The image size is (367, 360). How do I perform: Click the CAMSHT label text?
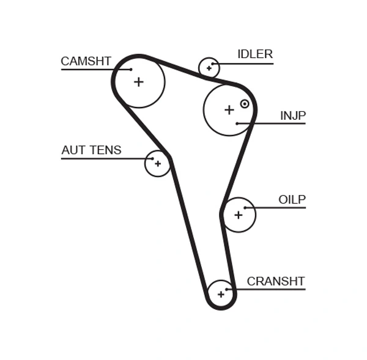(x=86, y=61)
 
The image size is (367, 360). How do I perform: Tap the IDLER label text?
(x=254, y=54)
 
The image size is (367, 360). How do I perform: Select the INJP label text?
(x=292, y=116)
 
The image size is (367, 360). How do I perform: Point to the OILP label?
(x=292, y=200)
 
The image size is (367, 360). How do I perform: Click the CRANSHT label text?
(x=275, y=282)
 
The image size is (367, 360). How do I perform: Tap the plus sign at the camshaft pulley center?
(x=139, y=81)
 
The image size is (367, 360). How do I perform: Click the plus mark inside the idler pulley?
(x=209, y=68)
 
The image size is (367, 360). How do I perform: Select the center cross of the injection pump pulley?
(x=229, y=110)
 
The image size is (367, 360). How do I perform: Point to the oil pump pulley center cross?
(x=238, y=215)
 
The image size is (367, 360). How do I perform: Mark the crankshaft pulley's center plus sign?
(x=221, y=294)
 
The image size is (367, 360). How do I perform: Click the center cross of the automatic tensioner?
(x=157, y=164)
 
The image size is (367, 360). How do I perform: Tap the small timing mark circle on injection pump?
(x=245, y=104)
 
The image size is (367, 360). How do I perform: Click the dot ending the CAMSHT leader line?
(x=131, y=69)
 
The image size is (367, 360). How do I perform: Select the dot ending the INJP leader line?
(x=237, y=123)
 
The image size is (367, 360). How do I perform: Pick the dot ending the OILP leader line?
(x=245, y=208)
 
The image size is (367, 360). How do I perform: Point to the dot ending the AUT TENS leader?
(x=152, y=159)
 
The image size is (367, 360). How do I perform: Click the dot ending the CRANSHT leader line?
(x=227, y=289)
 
